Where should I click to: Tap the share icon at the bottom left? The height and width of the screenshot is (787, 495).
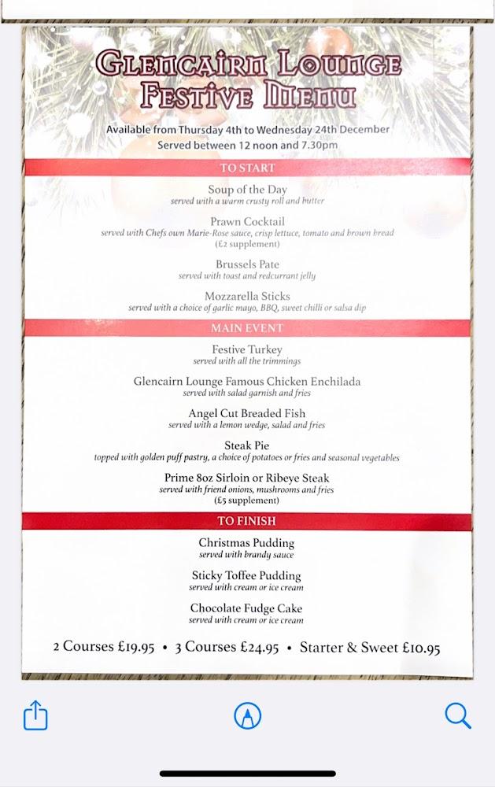(x=35, y=715)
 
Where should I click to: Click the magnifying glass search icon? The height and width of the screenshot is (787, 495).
(x=457, y=715)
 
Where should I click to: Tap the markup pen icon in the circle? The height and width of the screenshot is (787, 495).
(x=248, y=715)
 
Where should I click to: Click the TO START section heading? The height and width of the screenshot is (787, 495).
(x=247, y=168)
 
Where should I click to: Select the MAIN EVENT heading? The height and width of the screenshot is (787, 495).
(x=247, y=327)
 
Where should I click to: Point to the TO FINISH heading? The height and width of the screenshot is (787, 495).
(x=247, y=521)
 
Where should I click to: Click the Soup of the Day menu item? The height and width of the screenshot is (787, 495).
(x=247, y=190)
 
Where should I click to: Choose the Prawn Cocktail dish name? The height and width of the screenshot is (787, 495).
(x=247, y=222)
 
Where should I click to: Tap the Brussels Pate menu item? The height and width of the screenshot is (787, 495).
(x=247, y=264)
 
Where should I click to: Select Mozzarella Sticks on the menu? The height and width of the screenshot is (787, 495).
(x=247, y=297)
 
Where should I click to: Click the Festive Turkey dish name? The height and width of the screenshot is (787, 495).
(x=247, y=349)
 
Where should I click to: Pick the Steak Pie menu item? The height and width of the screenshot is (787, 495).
(x=247, y=445)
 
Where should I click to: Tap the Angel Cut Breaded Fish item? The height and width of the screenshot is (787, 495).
(x=247, y=414)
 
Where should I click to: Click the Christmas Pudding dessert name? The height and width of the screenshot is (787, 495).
(x=246, y=543)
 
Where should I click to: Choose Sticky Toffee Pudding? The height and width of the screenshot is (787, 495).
(x=246, y=576)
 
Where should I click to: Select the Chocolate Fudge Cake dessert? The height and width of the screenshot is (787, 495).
(x=246, y=608)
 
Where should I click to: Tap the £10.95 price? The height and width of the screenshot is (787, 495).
(x=421, y=648)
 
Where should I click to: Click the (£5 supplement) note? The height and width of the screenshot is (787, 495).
(x=247, y=501)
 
